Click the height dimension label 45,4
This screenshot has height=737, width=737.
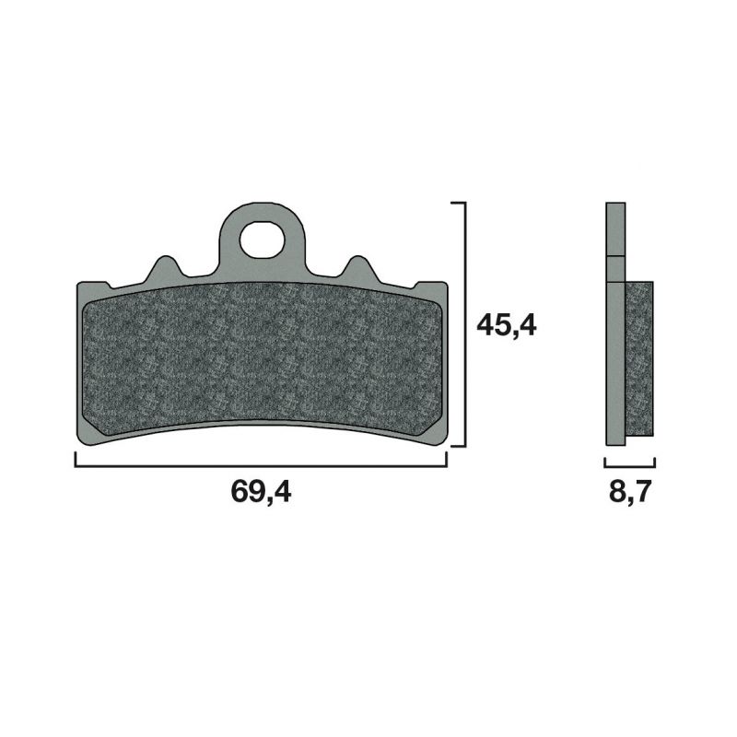click(x=507, y=325)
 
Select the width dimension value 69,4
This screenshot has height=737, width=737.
click(x=261, y=492)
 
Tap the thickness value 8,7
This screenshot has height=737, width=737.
click(x=630, y=492)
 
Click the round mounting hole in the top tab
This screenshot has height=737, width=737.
click(x=262, y=240)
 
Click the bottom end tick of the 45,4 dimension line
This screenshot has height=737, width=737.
click(x=459, y=446)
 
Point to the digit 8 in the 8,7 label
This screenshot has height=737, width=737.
click(x=615, y=492)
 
